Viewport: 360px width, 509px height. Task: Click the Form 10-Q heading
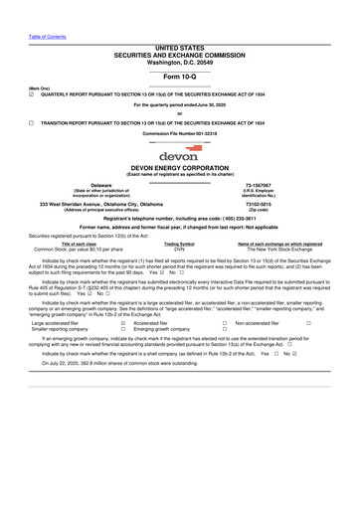tap(180, 76)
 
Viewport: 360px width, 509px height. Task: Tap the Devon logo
tap(179, 155)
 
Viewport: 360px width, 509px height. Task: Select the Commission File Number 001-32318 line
tap(179, 132)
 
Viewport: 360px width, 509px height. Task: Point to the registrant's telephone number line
tap(179, 218)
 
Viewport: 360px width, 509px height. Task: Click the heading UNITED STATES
tap(180, 46)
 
